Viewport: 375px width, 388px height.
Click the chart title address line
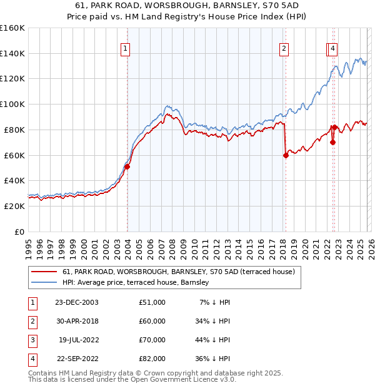187,5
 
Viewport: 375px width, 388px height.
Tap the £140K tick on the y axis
12,53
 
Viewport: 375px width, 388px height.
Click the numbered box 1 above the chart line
125,49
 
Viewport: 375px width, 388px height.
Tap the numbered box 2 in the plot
284,49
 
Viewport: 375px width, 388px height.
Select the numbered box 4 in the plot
333,49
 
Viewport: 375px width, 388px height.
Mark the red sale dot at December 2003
127,166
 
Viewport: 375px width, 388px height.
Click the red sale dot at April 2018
286,155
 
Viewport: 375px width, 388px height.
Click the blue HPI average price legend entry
136,283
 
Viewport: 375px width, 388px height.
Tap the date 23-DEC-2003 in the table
76,302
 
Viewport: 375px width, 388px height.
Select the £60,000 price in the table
152,321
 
